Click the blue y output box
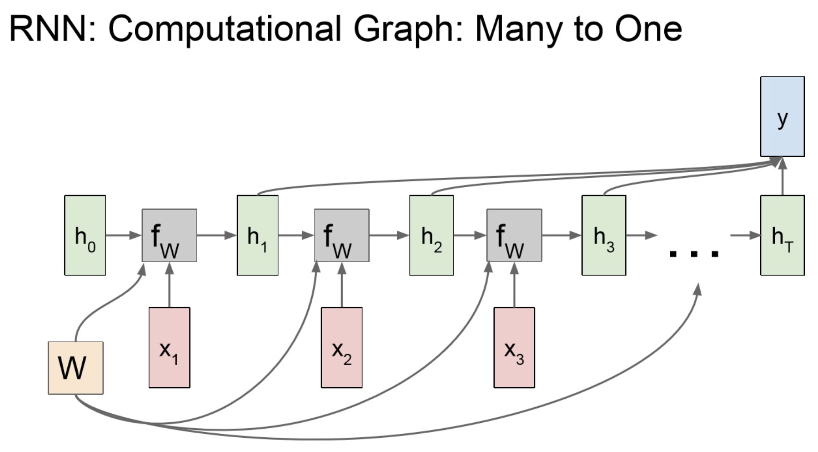(782, 116)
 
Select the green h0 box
(85, 235)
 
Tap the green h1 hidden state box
(257, 235)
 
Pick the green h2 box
(431, 235)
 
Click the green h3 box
(604, 235)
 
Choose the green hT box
(782, 235)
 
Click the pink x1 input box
(169, 347)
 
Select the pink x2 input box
(342, 347)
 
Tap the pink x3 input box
(514, 347)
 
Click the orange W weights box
(76, 368)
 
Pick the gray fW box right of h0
(169, 235)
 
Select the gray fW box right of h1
(342, 235)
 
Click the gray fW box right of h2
(514, 235)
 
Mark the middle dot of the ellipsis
(693, 253)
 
